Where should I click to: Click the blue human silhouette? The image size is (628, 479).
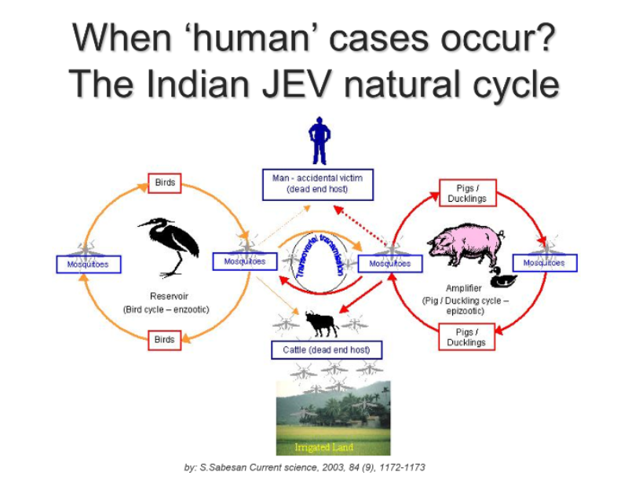click(319, 141)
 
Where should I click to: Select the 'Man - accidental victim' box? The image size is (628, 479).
click(318, 185)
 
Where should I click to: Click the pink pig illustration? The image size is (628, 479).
click(466, 244)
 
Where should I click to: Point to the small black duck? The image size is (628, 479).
click(503, 277)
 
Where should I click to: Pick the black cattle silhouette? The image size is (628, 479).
click(322, 323)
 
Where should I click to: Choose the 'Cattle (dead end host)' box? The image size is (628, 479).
click(327, 350)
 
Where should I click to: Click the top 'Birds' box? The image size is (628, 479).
click(165, 183)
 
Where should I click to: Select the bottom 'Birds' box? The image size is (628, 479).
click(165, 340)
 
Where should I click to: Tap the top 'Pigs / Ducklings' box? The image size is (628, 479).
click(467, 193)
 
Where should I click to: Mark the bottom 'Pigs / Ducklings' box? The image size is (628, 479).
click(466, 337)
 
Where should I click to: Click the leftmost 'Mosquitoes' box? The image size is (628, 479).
click(89, 265)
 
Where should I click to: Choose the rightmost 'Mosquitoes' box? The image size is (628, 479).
click(545, 263)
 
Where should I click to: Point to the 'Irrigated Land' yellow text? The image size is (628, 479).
click(323, 447)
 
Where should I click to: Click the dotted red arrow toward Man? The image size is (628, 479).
click(360, 225)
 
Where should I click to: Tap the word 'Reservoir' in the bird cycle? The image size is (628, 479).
click(169, 296)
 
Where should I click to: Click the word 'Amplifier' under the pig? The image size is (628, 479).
click(464, 288)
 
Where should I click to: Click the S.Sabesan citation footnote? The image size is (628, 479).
click(305, 467)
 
